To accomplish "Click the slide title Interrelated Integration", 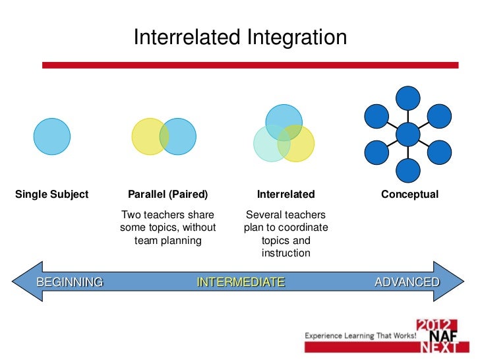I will pyautogui.click(x=240, y=38).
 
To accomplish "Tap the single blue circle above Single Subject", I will pyautogui.click(x=52, y=136).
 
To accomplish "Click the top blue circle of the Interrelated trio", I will pyautogui.click(x=284, y=119).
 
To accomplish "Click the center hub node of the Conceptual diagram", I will pyautogui.click(x=408, y=135).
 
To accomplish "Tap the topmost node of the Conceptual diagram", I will pyautogui.click(x=408, y=98).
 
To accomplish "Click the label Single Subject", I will pyautogui.click(x=51, y=195).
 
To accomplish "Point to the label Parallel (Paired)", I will pyautogui.click(x=167, y=195).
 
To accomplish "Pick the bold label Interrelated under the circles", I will pyautogui.click(x=285, y=195).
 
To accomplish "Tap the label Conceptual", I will pyautogui.click(x=409, y=195).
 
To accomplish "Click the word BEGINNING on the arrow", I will pyautogui.click(x=70, y=282).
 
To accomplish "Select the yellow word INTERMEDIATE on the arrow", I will pyautogui.click(x=241, y=282).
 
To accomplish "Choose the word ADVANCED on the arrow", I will pyautogui.click(x=407, y=282).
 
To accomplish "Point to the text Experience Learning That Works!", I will pyautogui.click(x=360, y=336).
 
